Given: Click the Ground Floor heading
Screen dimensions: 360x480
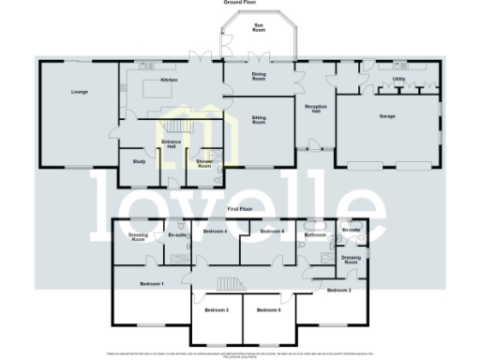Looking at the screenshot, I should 241,3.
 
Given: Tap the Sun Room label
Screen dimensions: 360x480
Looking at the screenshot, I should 258,29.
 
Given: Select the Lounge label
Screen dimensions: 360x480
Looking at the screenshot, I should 78,92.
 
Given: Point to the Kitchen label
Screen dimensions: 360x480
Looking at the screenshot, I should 170,81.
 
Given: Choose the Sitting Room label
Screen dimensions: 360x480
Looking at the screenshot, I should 258,121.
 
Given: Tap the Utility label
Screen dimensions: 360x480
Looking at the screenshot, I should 399,80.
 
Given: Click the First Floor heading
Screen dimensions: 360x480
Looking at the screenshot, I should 241,210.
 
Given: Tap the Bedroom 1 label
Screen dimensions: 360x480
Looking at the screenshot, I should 151,283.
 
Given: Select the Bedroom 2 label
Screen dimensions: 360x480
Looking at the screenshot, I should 339,292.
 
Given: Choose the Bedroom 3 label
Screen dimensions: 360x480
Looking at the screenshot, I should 217,309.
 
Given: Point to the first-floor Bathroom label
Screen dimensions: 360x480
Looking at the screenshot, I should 315,234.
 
